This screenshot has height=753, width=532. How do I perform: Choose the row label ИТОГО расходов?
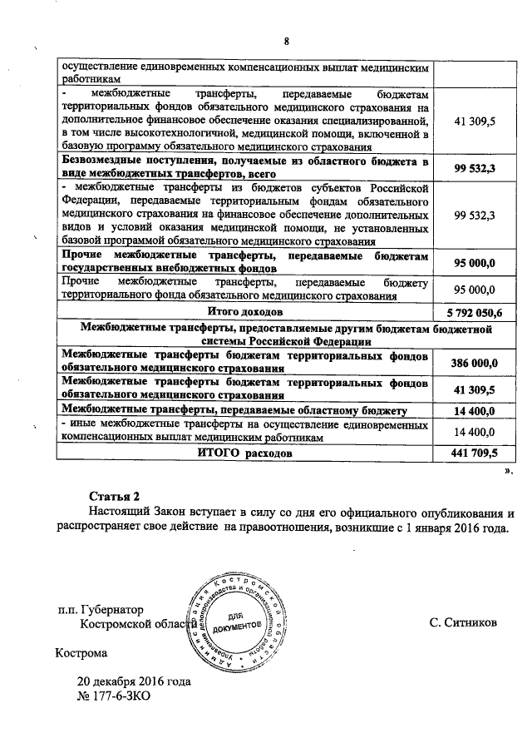pyautogui.click(x=244, y=454)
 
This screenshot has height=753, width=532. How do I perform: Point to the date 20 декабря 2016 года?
pyautogui.click(x=134, y=681)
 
